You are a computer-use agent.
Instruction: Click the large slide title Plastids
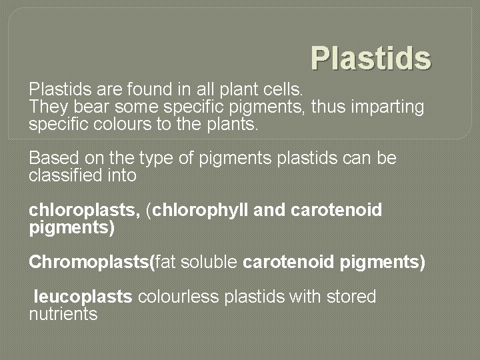tap(371, 58)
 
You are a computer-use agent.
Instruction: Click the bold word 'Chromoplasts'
tap(89, 263)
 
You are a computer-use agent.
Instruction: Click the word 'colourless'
tap(177, 297)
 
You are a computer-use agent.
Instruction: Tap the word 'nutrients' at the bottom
tap(63, 315)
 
